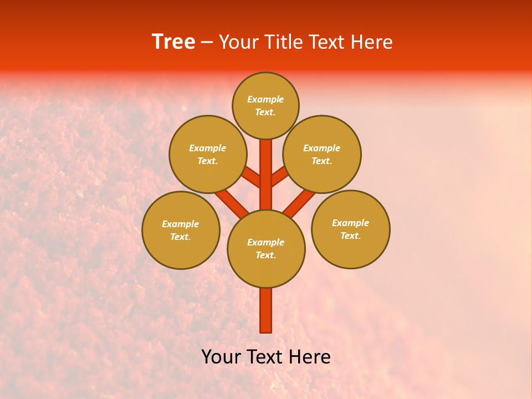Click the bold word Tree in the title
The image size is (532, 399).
click(173, 42)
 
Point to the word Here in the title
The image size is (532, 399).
click(373, 42)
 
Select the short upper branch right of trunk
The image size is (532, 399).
click(280, 176)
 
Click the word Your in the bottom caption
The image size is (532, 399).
click(221, 357)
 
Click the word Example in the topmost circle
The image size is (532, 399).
click(265, 99)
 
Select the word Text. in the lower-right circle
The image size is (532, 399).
click(350, 236)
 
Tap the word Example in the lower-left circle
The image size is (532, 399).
click(181, 224)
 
